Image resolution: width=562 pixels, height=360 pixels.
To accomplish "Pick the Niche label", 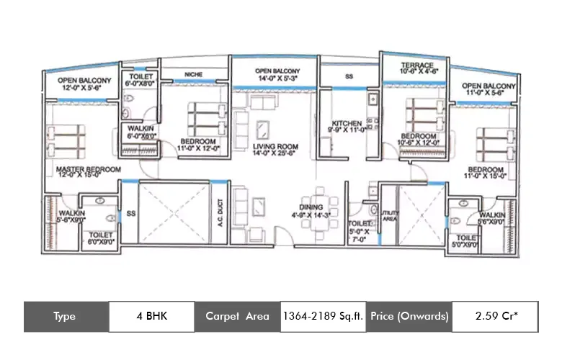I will (x=193, y=73).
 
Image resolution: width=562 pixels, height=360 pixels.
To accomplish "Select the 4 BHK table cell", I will (x=151, y=316).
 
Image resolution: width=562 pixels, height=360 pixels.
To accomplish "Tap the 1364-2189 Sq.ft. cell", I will (x=322, y=316).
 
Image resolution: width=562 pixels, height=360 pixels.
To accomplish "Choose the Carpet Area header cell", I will (x=237, y=316).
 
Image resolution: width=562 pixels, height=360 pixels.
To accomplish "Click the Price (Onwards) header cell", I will (x=409, y=316).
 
